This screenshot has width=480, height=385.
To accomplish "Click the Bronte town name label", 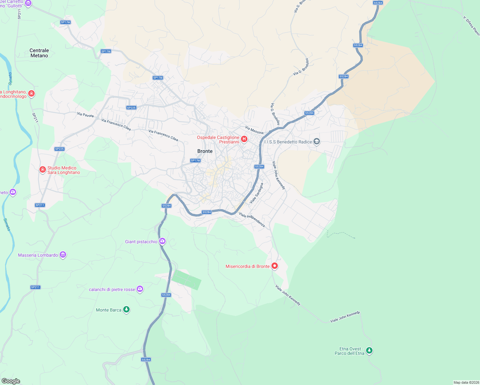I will tap(205, 151).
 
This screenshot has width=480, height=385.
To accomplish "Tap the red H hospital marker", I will tap(244, 139).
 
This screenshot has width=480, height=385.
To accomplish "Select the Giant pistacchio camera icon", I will tap(162, 241).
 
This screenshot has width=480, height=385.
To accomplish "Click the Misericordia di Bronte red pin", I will tap(274, 266).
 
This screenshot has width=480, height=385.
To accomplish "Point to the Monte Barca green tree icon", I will tap(126, 310).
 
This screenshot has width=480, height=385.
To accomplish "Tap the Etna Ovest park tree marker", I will tap(369, 350).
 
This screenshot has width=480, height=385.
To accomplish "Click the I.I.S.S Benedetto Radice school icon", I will tap(317, 141).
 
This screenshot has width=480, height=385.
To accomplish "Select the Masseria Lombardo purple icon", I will tap(63, 255).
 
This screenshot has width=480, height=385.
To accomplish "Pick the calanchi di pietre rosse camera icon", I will tap(140, 289).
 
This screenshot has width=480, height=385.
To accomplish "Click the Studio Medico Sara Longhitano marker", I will tap(42, 169).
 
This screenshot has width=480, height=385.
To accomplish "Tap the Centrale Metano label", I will tap(39, 53).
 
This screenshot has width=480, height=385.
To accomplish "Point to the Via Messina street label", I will tap(254, 130).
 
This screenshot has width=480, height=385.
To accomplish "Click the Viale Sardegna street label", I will tap(256, 193).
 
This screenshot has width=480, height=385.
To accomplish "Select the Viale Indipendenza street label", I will tap(252, 220).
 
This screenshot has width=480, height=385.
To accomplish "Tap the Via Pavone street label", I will tap(85, 115).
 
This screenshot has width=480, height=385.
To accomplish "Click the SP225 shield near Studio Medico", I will tap(59, 149).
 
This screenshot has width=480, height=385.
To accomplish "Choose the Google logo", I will tap(11, 381).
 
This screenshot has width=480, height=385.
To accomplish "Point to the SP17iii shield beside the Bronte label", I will tap(195, 160).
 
